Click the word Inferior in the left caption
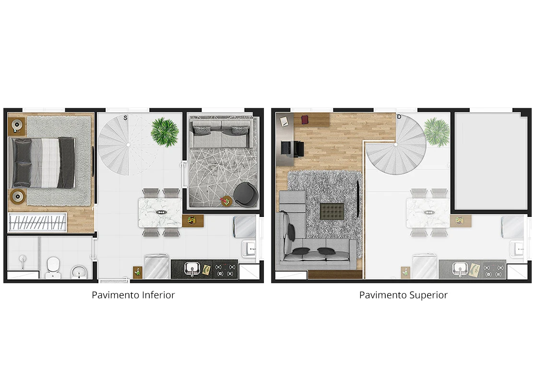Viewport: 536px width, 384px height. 158,295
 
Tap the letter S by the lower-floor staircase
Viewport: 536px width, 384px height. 125,118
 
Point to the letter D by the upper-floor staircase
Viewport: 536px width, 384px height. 399,117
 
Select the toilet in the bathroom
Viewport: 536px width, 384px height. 53,267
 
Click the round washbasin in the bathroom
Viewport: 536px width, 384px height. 79,272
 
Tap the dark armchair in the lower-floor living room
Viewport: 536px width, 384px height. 246,194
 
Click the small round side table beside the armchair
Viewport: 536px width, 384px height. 226,201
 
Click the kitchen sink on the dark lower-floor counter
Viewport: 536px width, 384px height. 192,269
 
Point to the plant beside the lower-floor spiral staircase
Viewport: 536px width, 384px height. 165,132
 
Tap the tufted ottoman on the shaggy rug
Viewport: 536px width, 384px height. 331,211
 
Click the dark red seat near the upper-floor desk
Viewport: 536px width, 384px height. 305,120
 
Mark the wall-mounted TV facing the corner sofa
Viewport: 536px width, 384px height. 358,199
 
